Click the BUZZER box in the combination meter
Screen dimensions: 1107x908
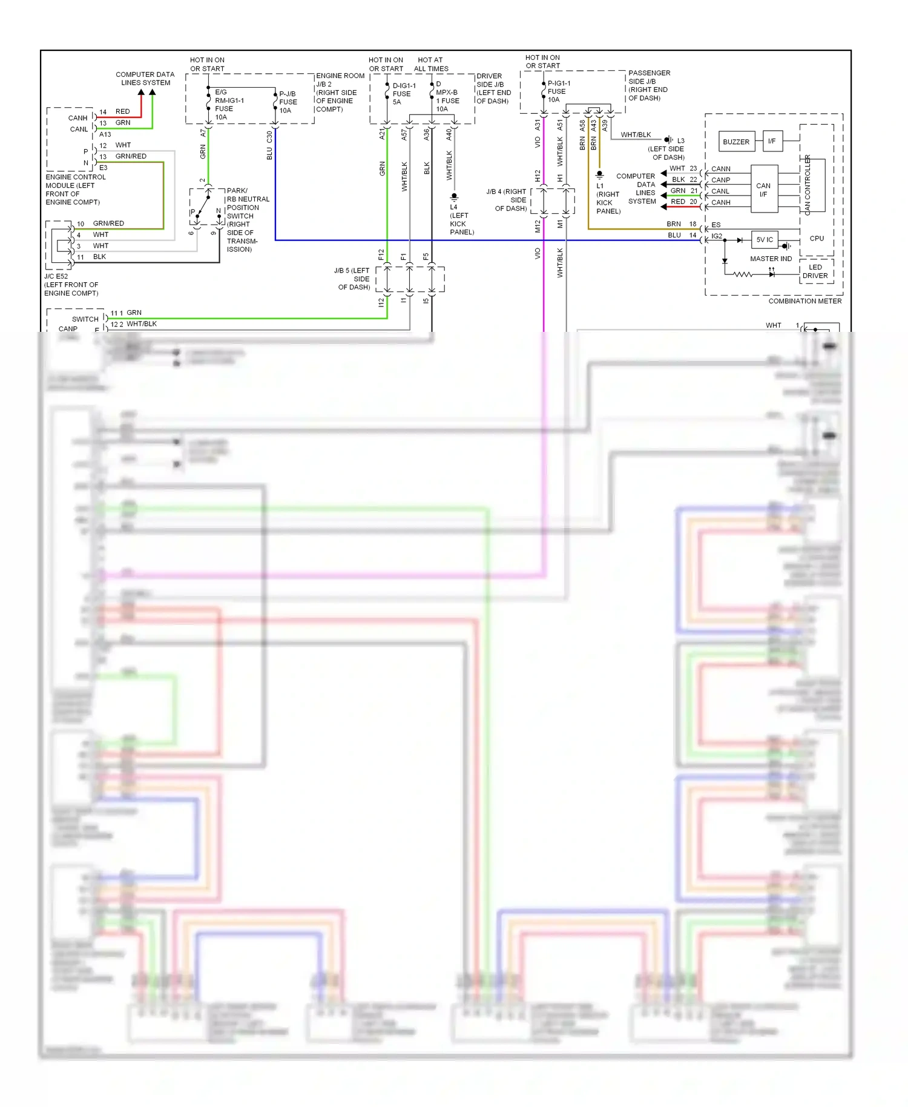click(x=736, y=142)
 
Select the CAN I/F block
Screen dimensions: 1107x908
click(x=764, y=190)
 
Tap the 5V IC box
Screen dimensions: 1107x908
click(x=765, y=240)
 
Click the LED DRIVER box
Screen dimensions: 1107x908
click(x=815, y=271)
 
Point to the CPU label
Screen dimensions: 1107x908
click(x=817, y=239)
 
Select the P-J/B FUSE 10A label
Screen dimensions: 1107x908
click(x=288, y=102)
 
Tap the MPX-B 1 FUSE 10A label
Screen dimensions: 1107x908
click(x=447, y=97)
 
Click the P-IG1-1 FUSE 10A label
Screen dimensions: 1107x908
click(x=558, y=91)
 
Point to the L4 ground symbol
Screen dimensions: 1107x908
click(x=454, y=197)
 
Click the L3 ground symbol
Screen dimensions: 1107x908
click(x=668, y=140)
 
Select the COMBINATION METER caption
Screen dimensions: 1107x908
click(x=804, y=301)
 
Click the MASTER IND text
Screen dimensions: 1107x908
click(x=771, y=259)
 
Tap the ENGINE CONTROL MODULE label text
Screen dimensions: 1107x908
click(x=74, y=190)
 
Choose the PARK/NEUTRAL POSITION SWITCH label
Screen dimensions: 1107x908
click(x=247, y=220)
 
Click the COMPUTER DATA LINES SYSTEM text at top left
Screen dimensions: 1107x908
click(x=145, y=79)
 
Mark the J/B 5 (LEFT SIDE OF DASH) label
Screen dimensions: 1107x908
click(x=353, y=279)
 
